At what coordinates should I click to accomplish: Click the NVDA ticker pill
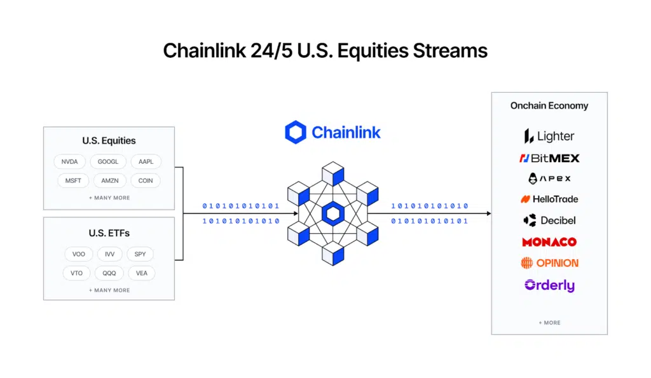point(69,162)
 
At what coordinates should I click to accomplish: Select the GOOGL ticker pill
point(108,162)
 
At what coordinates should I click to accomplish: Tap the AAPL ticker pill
point(146,162)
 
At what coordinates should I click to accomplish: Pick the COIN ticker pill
point(146,180)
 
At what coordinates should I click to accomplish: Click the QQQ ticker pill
point(109,273)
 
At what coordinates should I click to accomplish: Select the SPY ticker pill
point(140,254)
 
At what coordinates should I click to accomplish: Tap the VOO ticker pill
point(78,254)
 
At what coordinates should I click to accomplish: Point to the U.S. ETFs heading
point(109,233)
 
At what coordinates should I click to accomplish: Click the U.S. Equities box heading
point(109,141)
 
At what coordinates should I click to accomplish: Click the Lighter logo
point(549,136)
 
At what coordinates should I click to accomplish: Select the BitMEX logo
point(549,158)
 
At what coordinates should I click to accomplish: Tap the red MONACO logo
point(549,242)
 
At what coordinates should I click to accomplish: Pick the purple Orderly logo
point(549,285)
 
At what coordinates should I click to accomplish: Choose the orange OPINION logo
point(549,263)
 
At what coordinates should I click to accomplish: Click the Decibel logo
point(549,220)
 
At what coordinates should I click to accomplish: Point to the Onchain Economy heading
point(549,105)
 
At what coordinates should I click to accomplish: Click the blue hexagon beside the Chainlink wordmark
point(296,132)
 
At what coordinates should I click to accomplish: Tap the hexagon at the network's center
point(332,213)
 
